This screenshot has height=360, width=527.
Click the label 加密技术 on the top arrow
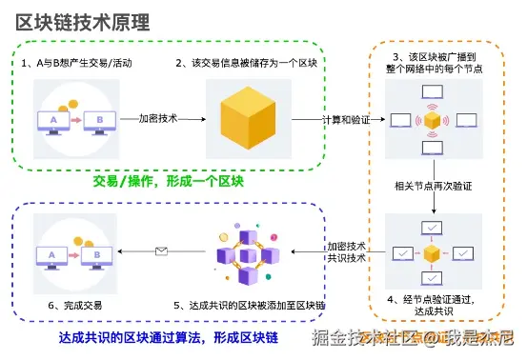[157, 119]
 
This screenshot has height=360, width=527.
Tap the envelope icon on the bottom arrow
[162, 252]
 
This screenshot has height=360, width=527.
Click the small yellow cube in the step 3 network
[432, 122]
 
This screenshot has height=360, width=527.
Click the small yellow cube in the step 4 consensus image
[432, 252]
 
